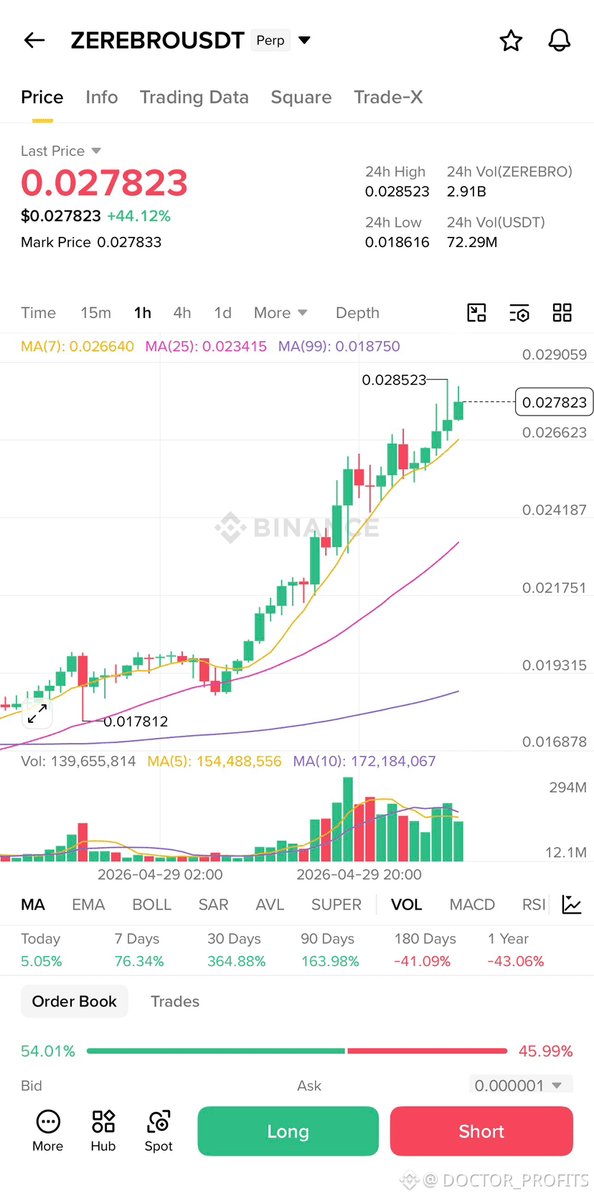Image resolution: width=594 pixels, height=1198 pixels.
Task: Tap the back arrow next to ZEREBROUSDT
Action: (x=34, y=40)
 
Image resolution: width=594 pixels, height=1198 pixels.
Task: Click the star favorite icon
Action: (x=511, y=41)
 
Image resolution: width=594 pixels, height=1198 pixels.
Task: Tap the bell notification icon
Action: (x=560, y=40)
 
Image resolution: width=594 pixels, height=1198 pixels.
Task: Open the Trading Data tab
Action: (x=194, y=98)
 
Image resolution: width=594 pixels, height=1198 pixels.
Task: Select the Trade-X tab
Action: (x=388, y=98)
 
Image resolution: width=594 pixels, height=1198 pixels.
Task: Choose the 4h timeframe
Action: (x=181, y=313)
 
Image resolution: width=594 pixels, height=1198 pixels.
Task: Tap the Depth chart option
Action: (x=357, y=313)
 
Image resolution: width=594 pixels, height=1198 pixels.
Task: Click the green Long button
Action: (x=288, y=1131)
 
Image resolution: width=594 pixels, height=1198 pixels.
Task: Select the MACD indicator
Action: (x=472, y=904)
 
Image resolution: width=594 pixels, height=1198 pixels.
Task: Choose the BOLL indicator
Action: (x=152, y=904)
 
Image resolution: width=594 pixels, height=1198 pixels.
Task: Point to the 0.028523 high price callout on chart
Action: (x=394, y=380)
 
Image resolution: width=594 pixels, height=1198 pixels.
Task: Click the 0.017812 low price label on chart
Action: (x=136, y=721)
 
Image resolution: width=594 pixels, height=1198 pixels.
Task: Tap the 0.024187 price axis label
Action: (x=555, y=510)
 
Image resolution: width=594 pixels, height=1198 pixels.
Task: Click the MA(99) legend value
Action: (x=339, y=347)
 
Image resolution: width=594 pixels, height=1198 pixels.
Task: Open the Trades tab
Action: (x=175, y=1001)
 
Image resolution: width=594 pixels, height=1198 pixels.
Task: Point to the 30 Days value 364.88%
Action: (x=236, y=962)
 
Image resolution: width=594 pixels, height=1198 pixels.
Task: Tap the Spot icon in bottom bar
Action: (x=159, y=1131)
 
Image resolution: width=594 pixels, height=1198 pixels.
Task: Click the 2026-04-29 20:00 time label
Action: (x=359, y=874)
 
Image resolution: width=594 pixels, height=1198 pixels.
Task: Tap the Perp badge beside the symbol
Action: (x=270, y=40)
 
